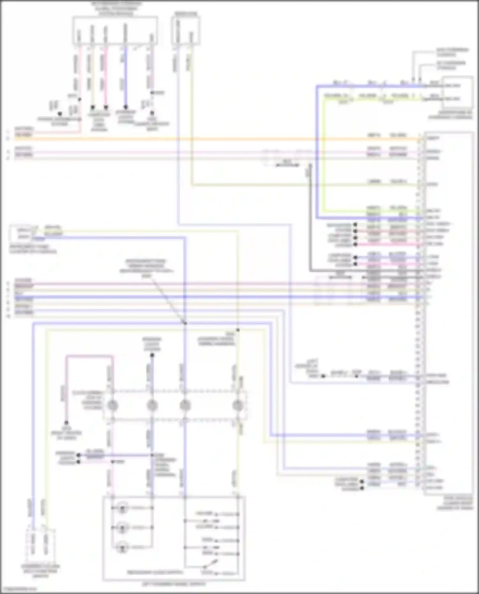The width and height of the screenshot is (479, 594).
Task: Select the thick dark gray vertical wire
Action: (x=310, y=217)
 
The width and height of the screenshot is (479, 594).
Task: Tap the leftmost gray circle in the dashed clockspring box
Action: (x=112, y=405)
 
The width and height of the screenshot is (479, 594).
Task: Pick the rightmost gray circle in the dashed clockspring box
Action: (x=237, y=405)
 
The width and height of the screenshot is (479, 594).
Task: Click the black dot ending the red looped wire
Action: (x=66, y=423)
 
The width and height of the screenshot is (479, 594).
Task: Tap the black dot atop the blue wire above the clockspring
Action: (x=152, y=355)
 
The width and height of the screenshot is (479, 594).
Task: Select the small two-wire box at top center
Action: (x=186, y=30)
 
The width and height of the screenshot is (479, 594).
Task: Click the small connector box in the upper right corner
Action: (x=457, y=93)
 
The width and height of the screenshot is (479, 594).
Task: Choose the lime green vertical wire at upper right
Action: (x=324, y=153)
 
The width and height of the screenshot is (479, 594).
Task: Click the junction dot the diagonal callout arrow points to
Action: (x=185, y=323)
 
